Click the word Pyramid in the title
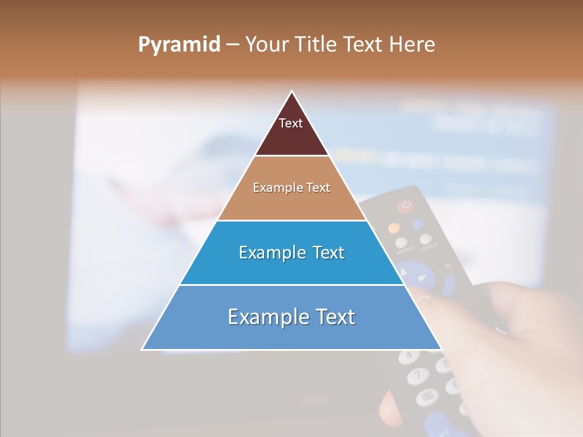pos(179,45)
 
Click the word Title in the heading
pos(316,45)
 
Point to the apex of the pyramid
pos(291,92)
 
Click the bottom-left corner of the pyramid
pos(143,349)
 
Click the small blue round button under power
pos(417,225)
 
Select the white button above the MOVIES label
pos(402,242)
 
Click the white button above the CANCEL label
pos(426,239)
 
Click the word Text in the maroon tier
pos(290,123)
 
